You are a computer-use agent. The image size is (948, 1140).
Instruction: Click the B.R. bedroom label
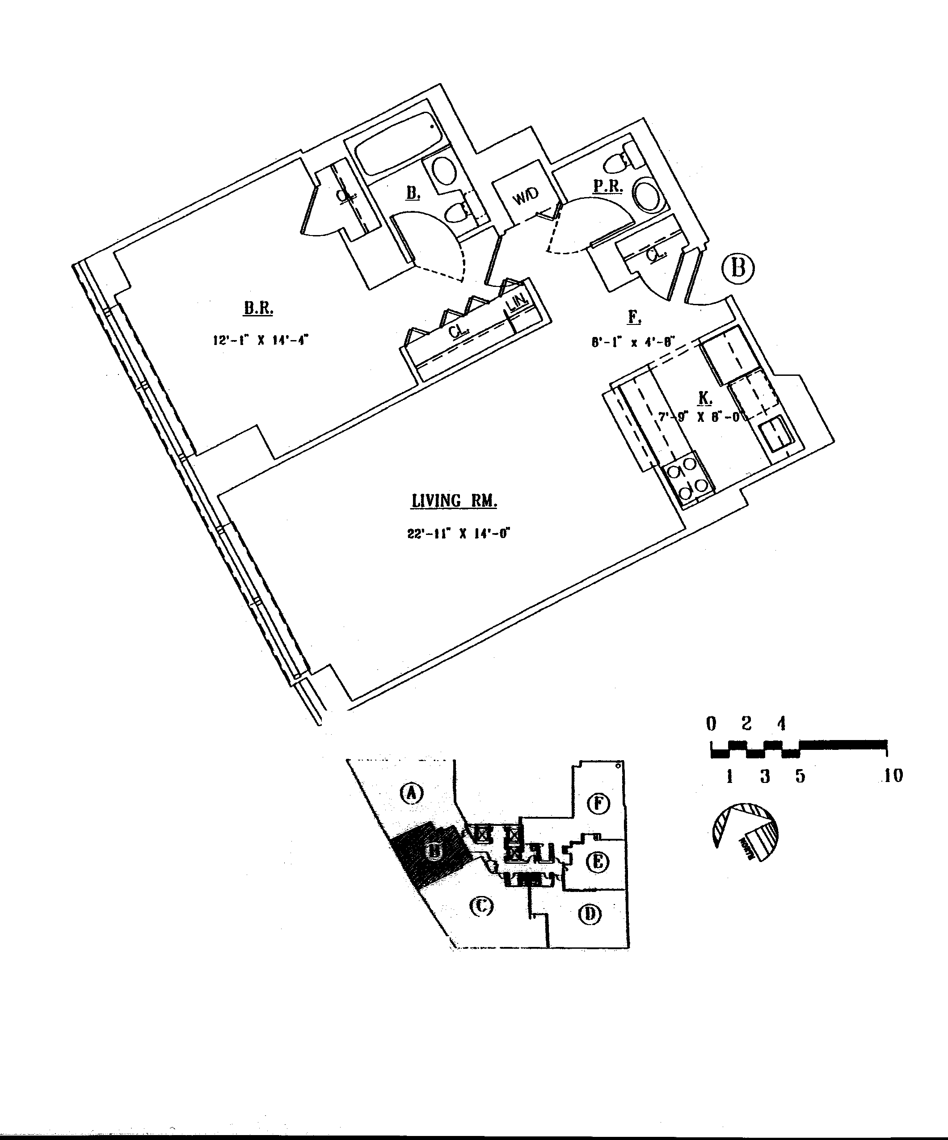click(258, 308)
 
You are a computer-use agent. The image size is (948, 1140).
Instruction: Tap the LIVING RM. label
click(454, 501)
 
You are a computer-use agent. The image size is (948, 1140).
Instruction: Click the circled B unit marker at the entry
click(738, 268)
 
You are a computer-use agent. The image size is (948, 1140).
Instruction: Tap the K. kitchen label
click(705, 398)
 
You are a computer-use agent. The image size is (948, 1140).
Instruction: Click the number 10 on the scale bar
click(893, 776)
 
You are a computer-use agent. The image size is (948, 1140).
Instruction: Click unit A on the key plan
click(412, 793)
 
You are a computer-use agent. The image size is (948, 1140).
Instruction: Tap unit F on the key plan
click(599, 803)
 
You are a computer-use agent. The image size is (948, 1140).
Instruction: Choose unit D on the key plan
click(590, 915)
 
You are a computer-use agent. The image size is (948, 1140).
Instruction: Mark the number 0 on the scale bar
click(711, 724)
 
